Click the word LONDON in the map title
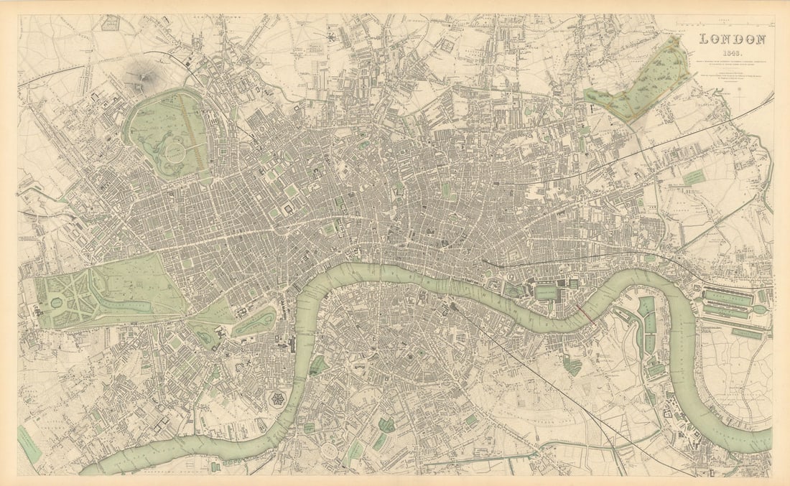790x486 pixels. pyautogui.click(x=732, y=39)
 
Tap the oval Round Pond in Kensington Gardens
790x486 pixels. pyautogui.click(x=55, y=303)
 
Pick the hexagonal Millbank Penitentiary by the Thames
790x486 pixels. pyautogui.click(x=275, y=399)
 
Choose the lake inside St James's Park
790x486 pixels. pyautogui.click(x=256, y=321)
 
